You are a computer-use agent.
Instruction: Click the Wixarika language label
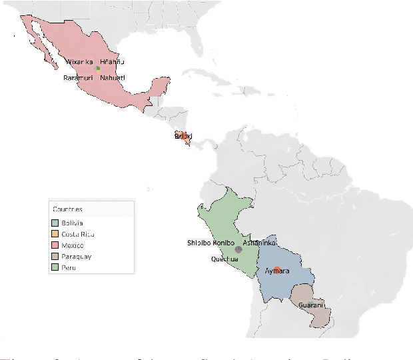pyautogui.click(x=79, y=62)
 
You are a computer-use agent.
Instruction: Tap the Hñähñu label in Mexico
pyautogui.click(x=112, y=62)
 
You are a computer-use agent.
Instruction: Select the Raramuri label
pyautogui.click(x=79, y=78)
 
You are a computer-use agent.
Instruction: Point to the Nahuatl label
pyautogui.click(x=112, y=78)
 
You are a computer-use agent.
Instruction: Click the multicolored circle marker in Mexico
pyautogui.click(x=97, y=68)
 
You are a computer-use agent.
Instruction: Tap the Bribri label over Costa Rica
pyautogui.click(x=183, y=136)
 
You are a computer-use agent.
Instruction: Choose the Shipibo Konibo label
pyautogui.click(x=210, y=243)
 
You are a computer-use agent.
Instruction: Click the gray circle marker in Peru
pyautogui.click(x=238, y=249)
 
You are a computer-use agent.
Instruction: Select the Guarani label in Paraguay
pyautogui.click(x=311, y=305)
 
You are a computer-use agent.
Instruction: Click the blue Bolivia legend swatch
pyautogui.click(x=56, y=223)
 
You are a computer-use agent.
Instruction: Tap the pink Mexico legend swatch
pyautogui.click(x=56, y=245)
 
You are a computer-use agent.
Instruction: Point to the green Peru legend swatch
pyautogui.click(x=56, y=268)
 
